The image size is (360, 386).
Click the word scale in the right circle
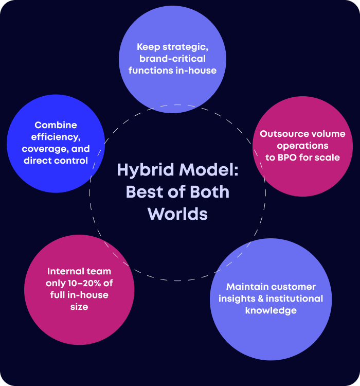click(x=329, y=157)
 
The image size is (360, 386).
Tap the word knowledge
click(x=271, y=310)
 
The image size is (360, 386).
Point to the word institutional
click(x=301, y=299)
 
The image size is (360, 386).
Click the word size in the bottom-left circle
click(x=79, y=307)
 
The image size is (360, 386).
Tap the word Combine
click(x=56, y=125)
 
